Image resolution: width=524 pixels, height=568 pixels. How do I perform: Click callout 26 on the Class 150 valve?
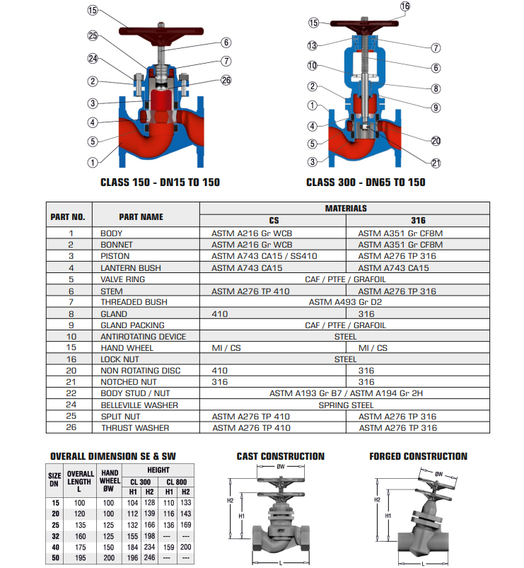point(226,80)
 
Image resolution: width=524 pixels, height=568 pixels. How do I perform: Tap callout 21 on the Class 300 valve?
point(436,163)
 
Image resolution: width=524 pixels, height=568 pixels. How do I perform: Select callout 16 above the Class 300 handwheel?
point(405,6)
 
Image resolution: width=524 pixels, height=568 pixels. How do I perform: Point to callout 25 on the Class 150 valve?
point(93,35)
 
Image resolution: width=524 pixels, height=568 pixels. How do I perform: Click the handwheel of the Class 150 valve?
point(161,31)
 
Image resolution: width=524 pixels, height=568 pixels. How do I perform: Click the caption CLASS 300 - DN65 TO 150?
point(366,182)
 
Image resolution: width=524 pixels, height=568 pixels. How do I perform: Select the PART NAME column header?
point(141,217)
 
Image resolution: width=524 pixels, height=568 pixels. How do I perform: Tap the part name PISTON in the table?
point(115,256)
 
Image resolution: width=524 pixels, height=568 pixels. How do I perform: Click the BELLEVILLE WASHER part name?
point(139,405)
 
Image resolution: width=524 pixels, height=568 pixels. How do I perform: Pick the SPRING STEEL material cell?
point(346,405)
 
